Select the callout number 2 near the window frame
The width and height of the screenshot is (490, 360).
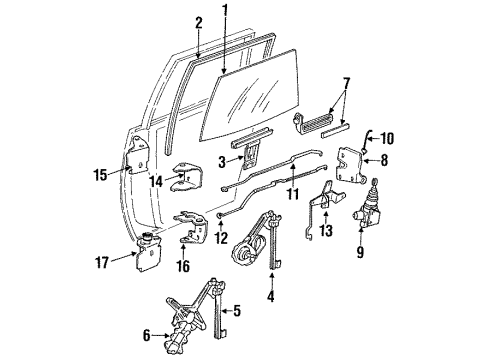point(198,23)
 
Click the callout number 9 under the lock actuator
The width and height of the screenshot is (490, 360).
point(361,253)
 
